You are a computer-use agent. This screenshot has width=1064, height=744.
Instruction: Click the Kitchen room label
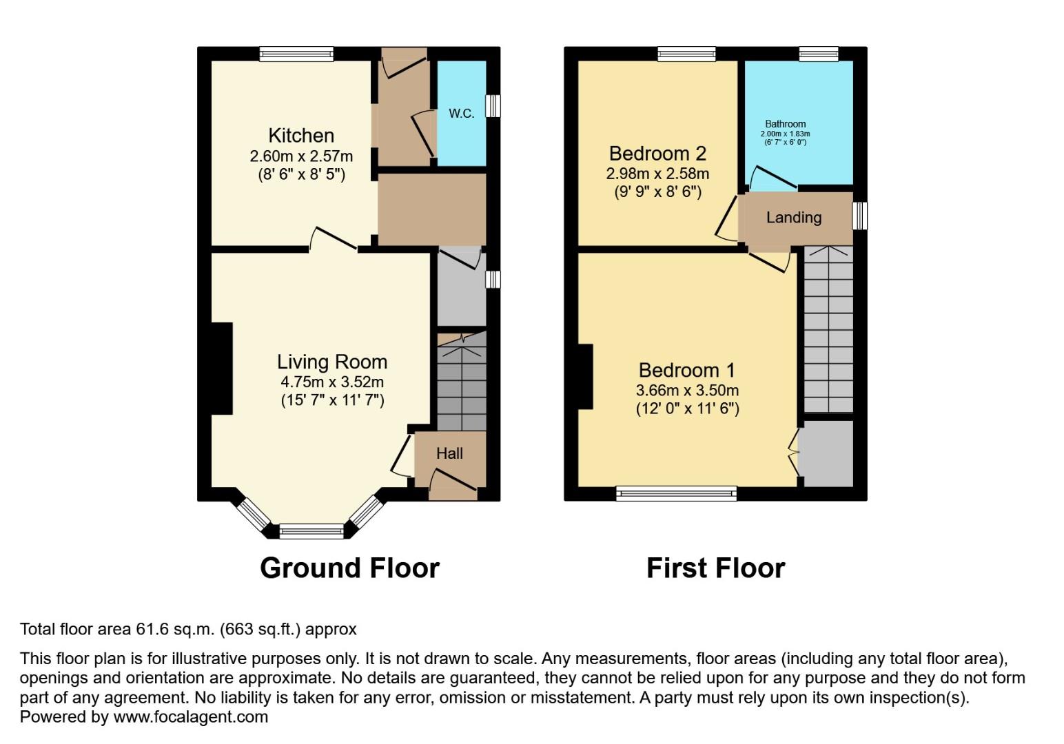click(x=301, y=135)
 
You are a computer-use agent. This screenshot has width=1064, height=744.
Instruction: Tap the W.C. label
click(x=461, y=114)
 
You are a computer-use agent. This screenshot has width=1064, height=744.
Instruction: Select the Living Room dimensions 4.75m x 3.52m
click(x=331, y=382)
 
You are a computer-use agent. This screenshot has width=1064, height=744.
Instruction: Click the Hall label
click(x=449, y=453)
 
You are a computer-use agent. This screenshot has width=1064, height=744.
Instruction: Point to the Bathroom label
click(x=785, y=124)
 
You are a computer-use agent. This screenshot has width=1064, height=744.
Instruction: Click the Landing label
click(x=794, y=218)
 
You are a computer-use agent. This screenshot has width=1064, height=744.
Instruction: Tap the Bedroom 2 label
click(x=657, y=153)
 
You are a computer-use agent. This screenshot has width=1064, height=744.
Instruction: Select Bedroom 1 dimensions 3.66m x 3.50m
click(x=687, y=390)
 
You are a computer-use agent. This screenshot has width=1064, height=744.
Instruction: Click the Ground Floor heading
click(x=349, y=568)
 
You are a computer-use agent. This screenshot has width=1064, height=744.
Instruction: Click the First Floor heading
click(x=715, y=568)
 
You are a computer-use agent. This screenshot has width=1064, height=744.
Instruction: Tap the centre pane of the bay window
click(x=311, y=530)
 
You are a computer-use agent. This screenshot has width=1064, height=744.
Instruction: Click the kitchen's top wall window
click(x=296, y=54)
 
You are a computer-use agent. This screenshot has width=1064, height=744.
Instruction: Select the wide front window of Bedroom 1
click(x=676, y=493)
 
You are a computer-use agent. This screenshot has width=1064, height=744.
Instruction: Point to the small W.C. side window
click(x=493, y=106)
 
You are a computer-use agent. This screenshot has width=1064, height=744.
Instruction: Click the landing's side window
click(x=859, y=216)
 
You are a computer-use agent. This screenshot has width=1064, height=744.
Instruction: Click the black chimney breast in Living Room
click(x=221, y=369)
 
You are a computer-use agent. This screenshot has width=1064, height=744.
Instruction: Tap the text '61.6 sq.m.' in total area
click(x=177, y=629)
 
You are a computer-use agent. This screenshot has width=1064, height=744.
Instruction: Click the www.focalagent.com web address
click(x=190, y=717)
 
